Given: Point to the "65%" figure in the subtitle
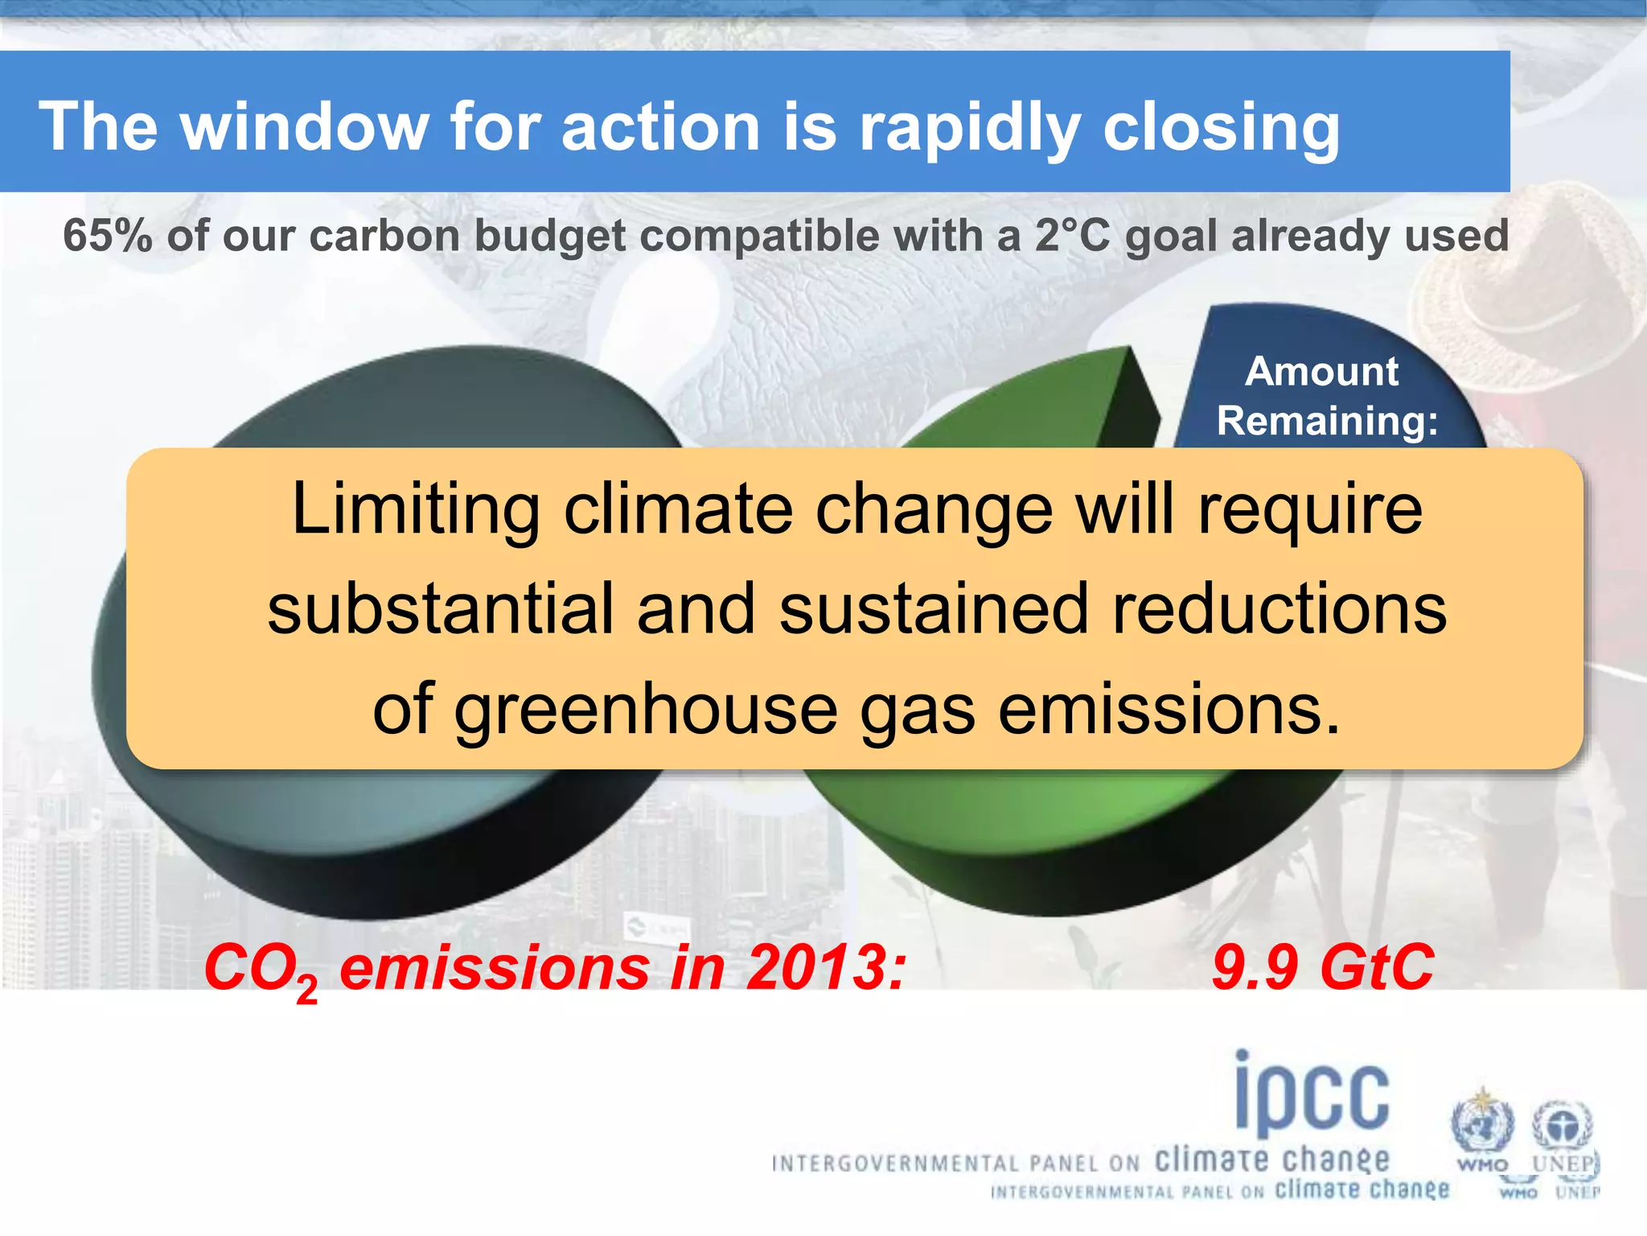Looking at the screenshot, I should pos(108,236).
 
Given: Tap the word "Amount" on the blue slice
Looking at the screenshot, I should pos(1322,371).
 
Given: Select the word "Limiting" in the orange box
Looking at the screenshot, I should pos(416,509).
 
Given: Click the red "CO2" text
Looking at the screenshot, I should pos(260,969).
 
